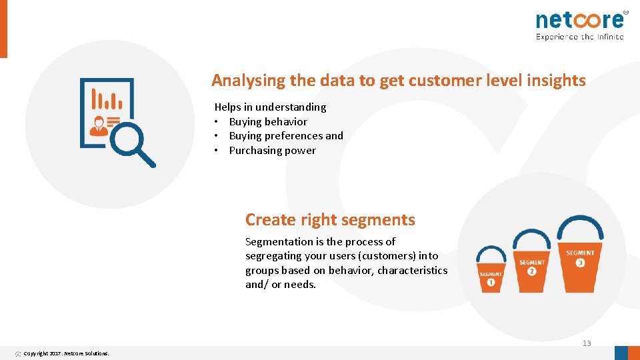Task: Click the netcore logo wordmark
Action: (579, 19)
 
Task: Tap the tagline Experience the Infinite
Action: (579, 37)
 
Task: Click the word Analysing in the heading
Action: (249, 81)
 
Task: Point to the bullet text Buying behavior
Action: (268, 121)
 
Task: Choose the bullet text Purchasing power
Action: (272, 150)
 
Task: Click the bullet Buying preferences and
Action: (286, 135)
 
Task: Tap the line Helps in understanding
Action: (270, 107)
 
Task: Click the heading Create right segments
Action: (330, 219)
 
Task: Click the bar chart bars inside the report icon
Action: (107, 101)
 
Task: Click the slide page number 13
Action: (587, 343)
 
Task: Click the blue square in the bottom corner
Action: (621, 353)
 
